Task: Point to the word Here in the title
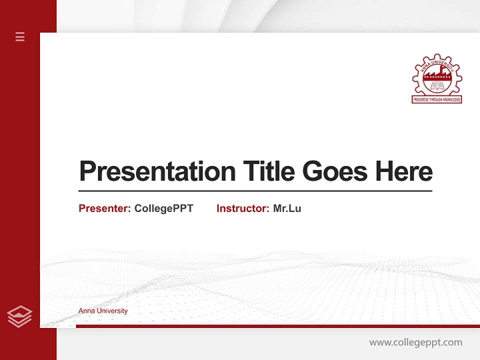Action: click(x=403, y=172)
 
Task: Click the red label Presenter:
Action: click(x=104, y=208)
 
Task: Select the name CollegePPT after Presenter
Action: click(x=163, y=208)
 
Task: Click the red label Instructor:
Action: click(x=242, y=208)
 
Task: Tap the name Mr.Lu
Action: click(x=287, y=208)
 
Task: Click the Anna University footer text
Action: click(x=103, y=311)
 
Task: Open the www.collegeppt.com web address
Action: click(x=415, y=342)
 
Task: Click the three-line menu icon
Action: click(x=20, y=36)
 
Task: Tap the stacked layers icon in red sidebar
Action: click(x=19, y=316)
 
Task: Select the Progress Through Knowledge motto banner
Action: click(x=436, y=100)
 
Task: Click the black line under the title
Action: click(x=255, y=191)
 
